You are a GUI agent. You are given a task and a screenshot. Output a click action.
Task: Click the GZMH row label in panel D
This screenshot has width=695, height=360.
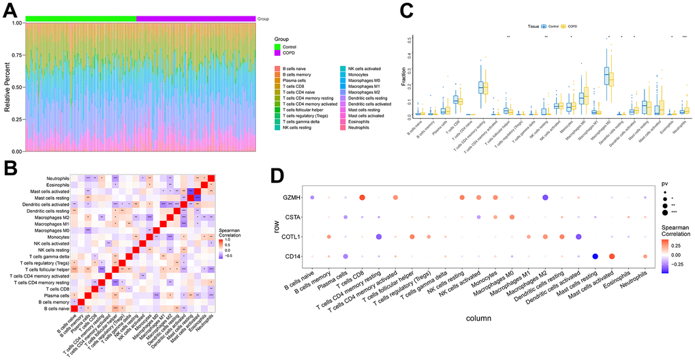click(x=290, y=198)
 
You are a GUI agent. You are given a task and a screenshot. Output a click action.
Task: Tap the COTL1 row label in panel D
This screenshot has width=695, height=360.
click(x=290, y=237)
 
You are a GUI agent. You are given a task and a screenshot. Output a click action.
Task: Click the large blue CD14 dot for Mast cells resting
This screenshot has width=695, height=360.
click(x=595, y=256)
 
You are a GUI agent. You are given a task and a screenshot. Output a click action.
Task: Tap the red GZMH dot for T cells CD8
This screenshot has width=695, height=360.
click(x=362, y=198)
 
